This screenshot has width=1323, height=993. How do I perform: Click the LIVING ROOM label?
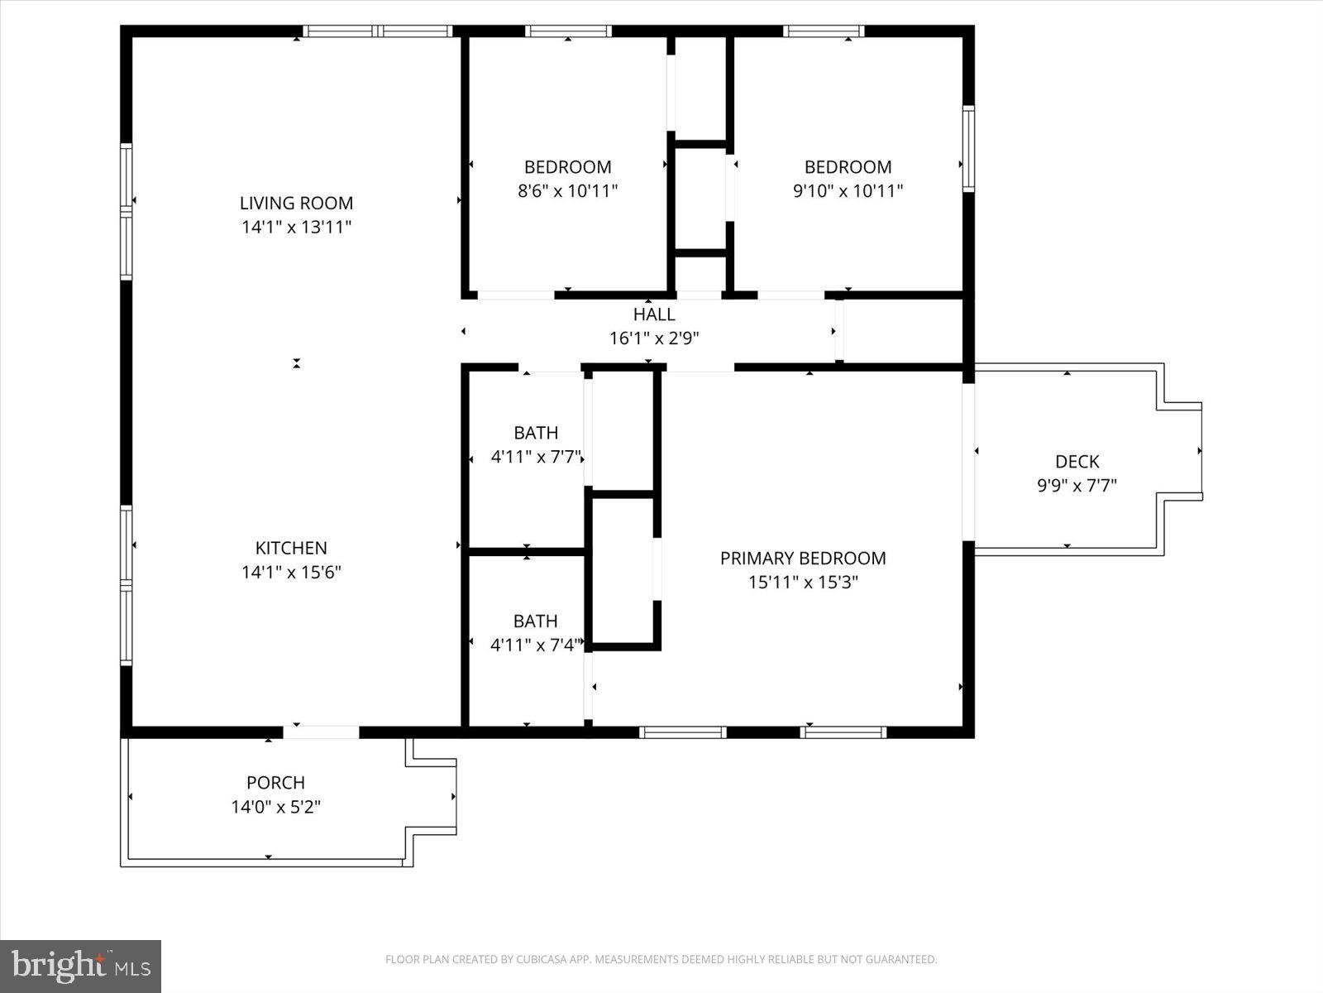[296, 203]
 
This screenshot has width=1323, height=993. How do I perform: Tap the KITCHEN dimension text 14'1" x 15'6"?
[291, 572]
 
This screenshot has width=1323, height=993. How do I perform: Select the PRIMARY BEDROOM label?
[802, 559]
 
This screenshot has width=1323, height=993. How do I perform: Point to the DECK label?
[1077, 462]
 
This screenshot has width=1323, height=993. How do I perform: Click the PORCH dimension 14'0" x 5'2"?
[275, 807]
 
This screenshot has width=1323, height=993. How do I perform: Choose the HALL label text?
[654, 314]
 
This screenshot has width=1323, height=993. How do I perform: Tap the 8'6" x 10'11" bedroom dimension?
[567, 191]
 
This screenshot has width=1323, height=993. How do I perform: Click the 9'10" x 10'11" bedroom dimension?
[848, 191]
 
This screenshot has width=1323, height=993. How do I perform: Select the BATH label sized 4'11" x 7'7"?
[535, 433]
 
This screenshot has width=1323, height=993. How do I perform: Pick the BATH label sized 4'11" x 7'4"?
[535, 621]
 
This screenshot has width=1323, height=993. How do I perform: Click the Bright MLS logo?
[80, 966]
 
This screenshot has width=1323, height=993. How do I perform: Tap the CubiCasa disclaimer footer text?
[661, 960]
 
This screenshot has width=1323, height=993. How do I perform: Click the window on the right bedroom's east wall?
[968, 149]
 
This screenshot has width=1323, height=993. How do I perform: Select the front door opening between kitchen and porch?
[321, 732]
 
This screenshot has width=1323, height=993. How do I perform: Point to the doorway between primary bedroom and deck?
[968, 462]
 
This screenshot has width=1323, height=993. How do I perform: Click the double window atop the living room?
[378, 31]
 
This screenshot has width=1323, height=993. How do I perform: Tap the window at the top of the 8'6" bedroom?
[568, 31]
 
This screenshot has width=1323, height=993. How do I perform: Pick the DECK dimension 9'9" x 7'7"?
[1077, 486]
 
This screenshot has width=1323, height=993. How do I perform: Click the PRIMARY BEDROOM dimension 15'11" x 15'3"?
[802, 583]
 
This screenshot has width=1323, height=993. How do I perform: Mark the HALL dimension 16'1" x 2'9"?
[654, 338]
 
